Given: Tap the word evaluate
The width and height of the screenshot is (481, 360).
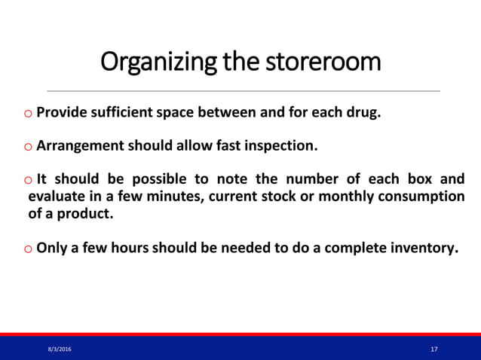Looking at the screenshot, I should click(57, 197).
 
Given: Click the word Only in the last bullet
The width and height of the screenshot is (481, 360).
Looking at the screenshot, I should click(51, 247).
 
